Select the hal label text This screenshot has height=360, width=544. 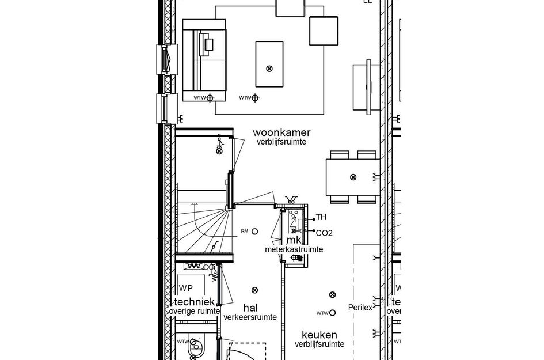click(250, 307)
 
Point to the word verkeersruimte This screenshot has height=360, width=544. click(250, 317)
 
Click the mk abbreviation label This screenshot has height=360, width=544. click(287, 240)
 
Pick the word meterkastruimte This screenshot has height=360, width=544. click(294, 249)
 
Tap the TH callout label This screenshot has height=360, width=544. click(321, 218)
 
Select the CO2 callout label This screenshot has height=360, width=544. click(324, 233)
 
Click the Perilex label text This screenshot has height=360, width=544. click(360, 307)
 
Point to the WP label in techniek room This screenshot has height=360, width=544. click(185, 288)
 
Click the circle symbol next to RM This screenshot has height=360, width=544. click(254, 231)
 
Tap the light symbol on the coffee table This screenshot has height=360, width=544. click(269, 69)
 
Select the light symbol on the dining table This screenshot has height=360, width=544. click(353, 176)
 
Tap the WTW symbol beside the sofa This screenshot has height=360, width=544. click(210, 98)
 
